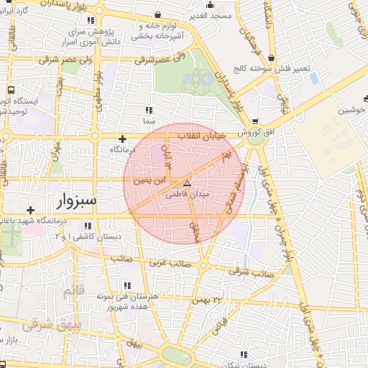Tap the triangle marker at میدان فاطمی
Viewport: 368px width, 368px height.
coord(187,184)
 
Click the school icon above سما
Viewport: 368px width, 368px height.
coord(149,110)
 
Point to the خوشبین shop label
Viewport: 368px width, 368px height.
coord(352,110)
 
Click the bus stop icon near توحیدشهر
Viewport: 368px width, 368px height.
coord(11,91)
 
